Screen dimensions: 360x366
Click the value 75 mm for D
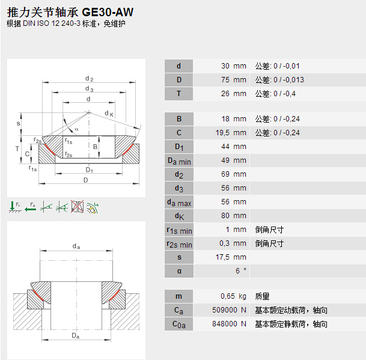coord(232,80)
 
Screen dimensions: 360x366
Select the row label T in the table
coord(178,94)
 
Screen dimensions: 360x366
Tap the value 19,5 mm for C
coord(231,133)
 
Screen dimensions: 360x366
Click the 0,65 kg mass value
coord(233,296)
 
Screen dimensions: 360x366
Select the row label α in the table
coord(178,271)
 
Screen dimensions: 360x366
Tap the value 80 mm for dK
coord(232,216)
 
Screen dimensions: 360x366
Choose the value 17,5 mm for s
coord(231,257)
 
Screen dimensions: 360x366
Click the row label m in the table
coord(178,296)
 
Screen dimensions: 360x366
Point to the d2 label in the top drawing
coord(89,79)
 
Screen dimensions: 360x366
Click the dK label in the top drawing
coord(109,113)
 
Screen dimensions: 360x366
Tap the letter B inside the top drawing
coord(95,146)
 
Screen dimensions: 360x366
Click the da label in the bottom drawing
coord(76,246)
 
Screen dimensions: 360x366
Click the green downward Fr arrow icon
coord(14,207)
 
